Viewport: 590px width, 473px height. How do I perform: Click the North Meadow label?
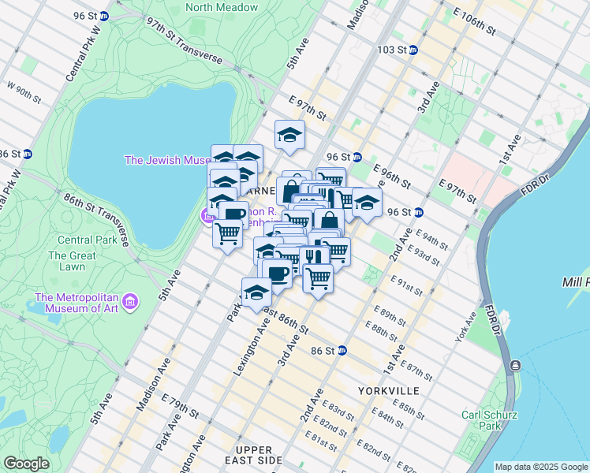click(x=222, y=7)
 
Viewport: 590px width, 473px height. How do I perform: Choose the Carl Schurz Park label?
click(x=490, y=420)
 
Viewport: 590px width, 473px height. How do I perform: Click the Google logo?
click(x=26, y=464)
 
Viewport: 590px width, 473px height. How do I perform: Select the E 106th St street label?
click(x=469, y=20)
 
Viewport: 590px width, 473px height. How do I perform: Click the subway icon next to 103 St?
click(x=413, y=50)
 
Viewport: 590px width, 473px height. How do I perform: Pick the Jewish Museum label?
click(x=168, y=160)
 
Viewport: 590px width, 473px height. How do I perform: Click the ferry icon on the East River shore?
click(x=514, y=365)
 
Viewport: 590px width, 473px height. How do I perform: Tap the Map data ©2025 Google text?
click(x=541, y=467)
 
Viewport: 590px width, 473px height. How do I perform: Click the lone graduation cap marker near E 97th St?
click(x=289, y=135)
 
